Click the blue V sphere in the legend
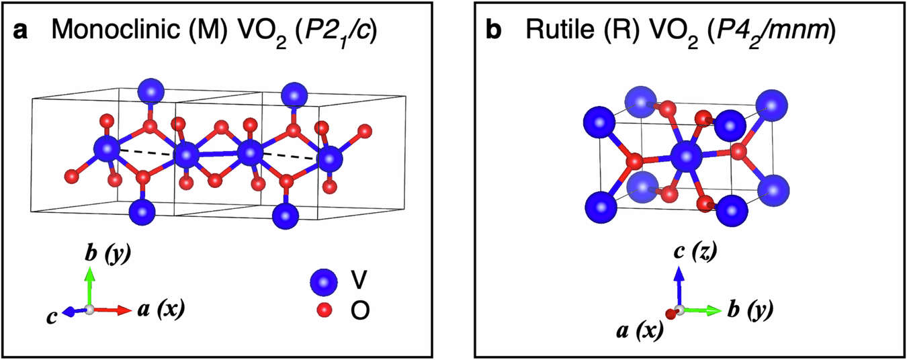tap(324, 282)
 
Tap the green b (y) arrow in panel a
tap(90, 285)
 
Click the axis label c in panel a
tap(51, 316)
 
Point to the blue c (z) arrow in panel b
tap(679, 285)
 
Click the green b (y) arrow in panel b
tap(703, 310)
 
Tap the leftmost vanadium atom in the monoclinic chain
tap(105, 148)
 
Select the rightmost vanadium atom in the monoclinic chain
tap(329, 160)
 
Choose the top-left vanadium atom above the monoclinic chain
tap(150, 90)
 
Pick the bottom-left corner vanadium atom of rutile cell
tap(600, 206)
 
